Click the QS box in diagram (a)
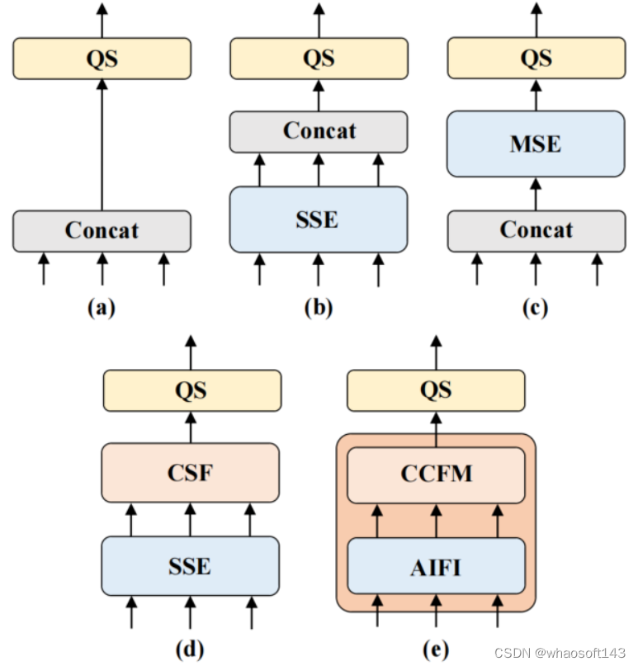(x=102, y=58)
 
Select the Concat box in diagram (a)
(x=102, y=230)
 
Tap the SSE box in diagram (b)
(x=319, y=220)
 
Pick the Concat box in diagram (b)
(x=319, y=131)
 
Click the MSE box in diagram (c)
(x=536, y=144)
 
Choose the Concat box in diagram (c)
(x=536, y=230)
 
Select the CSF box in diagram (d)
(x=190, y=473)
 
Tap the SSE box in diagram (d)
(x=190, y=566)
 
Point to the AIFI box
(x=436, y=566)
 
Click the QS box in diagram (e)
(x=436, y=390)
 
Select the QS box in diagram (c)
(x=536, y=58)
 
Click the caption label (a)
(x=102, y=308)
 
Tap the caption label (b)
(x=319, y=308)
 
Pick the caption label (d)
(x=190, y=649)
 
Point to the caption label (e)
(x=436, y=649)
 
